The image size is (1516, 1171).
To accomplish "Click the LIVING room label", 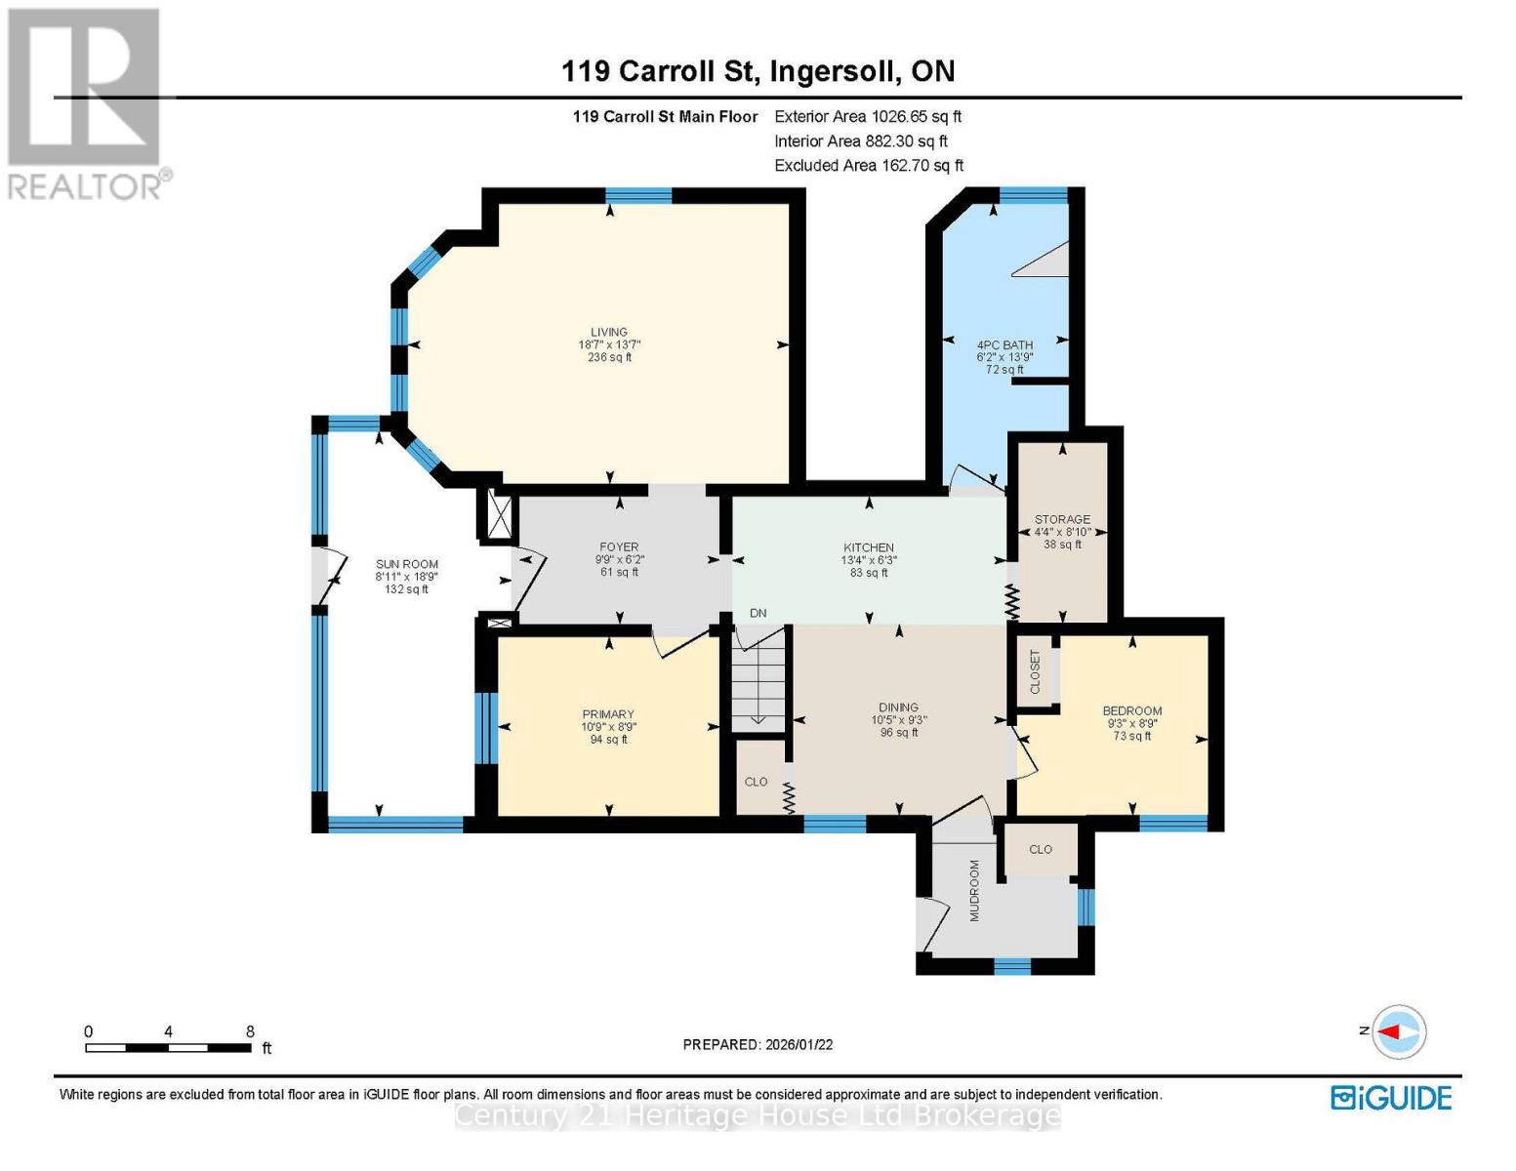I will tap(608, 332).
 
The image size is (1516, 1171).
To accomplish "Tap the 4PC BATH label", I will tap(1004, 344).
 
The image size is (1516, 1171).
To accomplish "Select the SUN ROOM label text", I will tap(407, 564).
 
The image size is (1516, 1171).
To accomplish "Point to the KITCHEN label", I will tap(869, 547).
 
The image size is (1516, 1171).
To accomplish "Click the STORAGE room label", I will tap(1062, 519).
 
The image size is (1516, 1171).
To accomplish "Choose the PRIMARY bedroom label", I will tap(608, 714).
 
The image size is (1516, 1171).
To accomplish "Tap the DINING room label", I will tap(898, 707).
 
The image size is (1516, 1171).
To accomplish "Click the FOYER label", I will tap(619, 547).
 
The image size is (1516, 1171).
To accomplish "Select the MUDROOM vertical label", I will tap(973, 890).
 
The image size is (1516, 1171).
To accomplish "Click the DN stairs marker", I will tap(758, 613).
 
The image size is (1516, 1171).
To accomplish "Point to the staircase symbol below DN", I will tap(758, 678).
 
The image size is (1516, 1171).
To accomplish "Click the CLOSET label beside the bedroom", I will tap(1036, 671).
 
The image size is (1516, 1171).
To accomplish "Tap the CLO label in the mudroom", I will tap(1041, 849).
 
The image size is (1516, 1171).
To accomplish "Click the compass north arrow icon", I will tap(1399, 1031).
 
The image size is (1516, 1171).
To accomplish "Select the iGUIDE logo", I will tap(1391, 1098).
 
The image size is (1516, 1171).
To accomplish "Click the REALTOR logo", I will tap(86, 102).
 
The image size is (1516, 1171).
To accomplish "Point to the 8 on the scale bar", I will tap(250, 1031).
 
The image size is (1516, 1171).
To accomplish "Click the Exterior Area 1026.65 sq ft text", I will tap(868, 116).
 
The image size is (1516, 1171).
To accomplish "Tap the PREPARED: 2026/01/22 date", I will tap(758, 1044).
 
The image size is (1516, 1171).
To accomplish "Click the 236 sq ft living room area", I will tap(608, 357).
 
